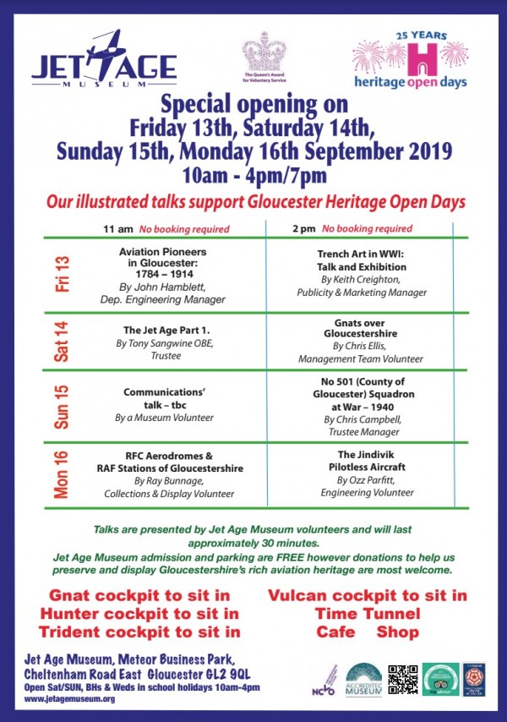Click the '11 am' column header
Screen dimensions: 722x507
tap(118, 228)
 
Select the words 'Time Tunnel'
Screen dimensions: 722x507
tap(368, 613)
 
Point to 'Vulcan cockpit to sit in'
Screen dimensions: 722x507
tap(368, 595)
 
